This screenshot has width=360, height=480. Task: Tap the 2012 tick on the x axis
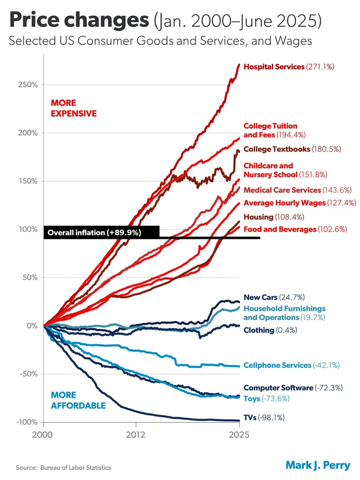pos(136,435)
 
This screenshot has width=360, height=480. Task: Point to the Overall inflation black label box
pos(102,232)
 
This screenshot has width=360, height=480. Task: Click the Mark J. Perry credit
pos(318,465)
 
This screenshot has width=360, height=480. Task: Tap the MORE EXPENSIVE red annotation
pos(74,108)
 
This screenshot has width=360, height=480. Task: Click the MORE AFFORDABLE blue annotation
pos(78,400)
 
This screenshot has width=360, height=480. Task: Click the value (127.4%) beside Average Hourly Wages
pos(341,203)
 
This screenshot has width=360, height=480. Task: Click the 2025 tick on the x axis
pos(239,435)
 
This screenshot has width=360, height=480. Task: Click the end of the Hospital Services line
pos(239,64)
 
